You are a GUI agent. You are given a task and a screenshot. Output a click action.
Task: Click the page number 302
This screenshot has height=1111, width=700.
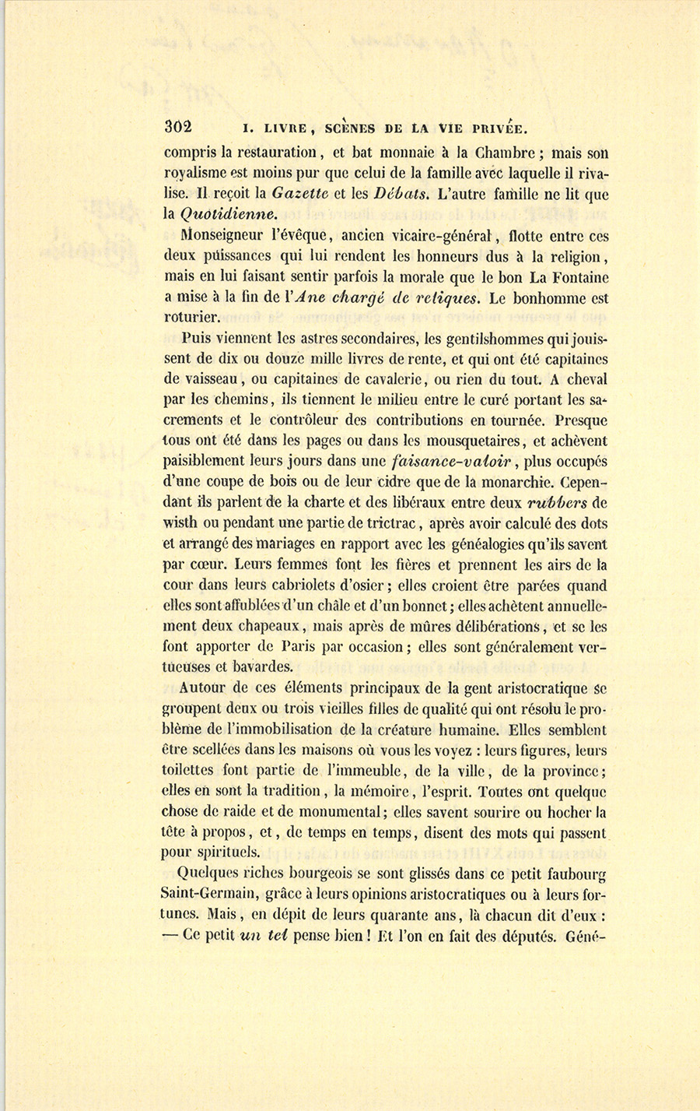click(178, 128)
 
